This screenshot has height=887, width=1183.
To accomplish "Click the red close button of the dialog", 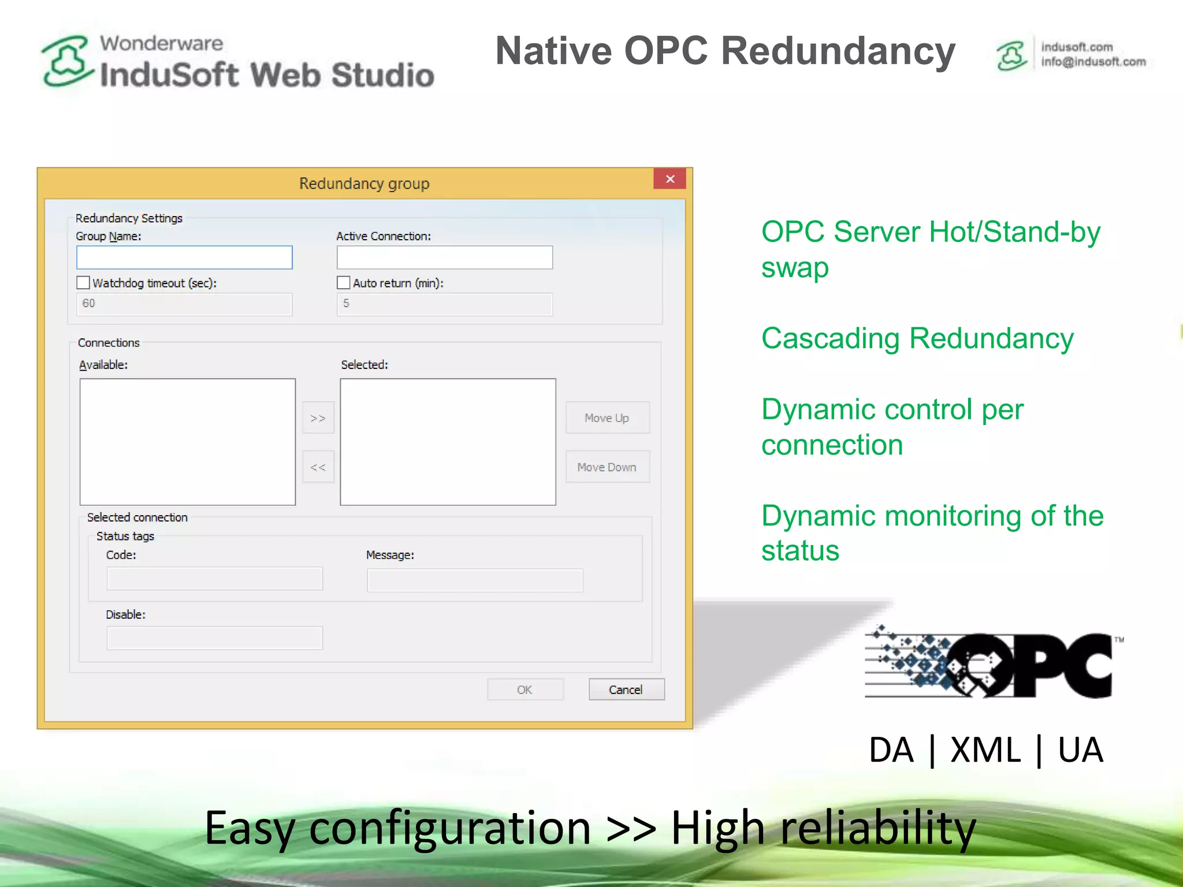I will click(669, 179).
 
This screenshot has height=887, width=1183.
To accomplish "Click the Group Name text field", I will click(184, 258).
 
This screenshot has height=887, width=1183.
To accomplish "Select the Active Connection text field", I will click(445, 258).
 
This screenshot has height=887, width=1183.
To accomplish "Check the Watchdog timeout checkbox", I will click(84, 283).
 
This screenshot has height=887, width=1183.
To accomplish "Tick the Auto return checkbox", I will click(344, 283).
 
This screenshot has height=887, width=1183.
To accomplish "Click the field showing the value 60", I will click(184, 304).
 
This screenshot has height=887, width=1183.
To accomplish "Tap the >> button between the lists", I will click(318, 418).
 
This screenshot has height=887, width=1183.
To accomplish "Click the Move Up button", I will click(607, 418).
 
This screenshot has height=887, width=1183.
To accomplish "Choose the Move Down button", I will click(607, 467).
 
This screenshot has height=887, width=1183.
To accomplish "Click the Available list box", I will click(188, 442).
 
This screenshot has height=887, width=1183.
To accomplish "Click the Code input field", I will click(214, 579).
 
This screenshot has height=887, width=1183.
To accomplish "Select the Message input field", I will click(475, 580).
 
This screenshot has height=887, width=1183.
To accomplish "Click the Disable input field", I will click(214, 638).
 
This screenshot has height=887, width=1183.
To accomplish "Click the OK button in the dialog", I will click(525, 690).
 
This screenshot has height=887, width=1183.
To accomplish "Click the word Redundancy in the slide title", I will click(838, 51).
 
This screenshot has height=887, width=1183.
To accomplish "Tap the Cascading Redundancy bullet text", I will click(917, 338).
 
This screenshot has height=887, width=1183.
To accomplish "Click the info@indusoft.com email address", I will click(1093, 62).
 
